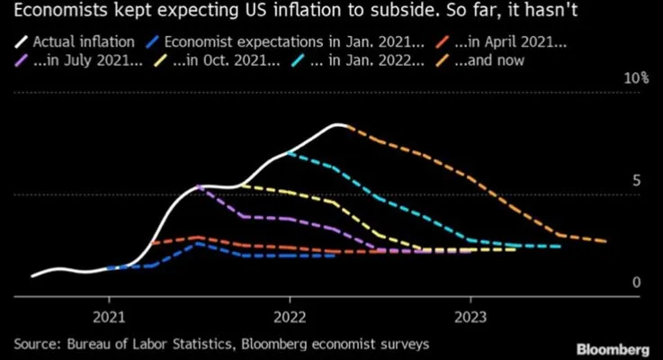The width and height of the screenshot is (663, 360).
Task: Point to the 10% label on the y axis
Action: click(x=636, y=78)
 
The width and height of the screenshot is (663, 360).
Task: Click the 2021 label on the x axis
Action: click(x=109, y=316)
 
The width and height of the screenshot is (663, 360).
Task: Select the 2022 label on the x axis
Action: click(x=290, y=316)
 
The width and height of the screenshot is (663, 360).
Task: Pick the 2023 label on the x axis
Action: click(x=470, y=316)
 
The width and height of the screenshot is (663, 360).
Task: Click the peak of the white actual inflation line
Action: click(x=338, y=125)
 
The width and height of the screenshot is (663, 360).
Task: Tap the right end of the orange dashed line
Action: click(x=605, y=241)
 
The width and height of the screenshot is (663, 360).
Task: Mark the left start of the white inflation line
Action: click(x=32, y=275)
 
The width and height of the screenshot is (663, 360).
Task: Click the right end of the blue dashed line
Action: click(x=335, y=256)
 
